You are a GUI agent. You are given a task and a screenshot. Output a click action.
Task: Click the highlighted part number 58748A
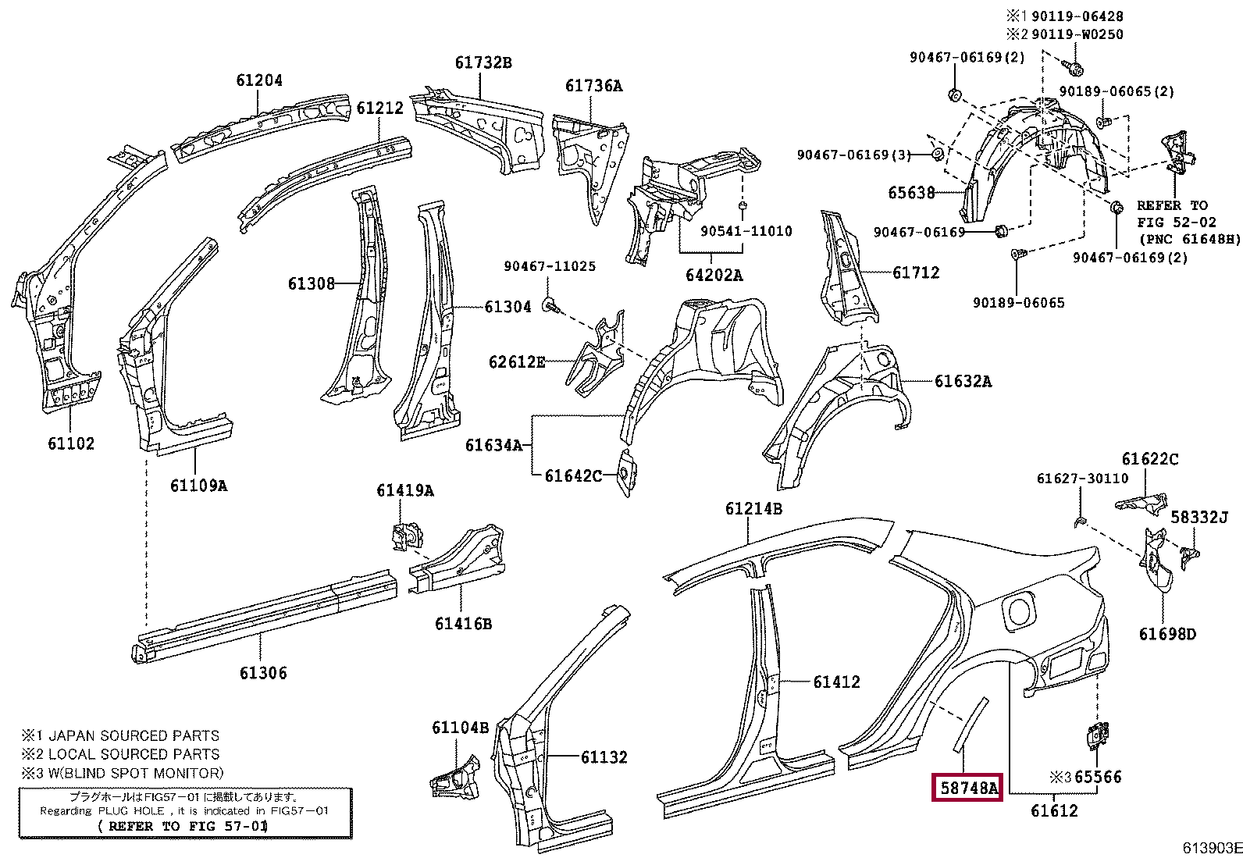point(968,787)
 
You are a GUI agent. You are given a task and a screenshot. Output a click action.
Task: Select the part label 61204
point(259,80)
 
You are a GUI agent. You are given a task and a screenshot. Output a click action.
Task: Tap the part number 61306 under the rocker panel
point(263,673)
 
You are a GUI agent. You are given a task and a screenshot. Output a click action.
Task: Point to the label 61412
point(836,682)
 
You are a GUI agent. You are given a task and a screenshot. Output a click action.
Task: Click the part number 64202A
point(714,275)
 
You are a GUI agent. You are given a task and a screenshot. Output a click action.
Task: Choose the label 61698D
point(1166,634)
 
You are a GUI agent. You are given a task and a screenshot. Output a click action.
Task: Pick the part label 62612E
point(517,361)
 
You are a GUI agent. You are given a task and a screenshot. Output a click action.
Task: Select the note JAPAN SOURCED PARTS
point(134,735)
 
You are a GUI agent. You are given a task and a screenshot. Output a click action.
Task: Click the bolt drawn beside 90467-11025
point(551,305)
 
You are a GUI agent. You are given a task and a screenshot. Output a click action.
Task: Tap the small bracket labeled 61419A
point(405,536)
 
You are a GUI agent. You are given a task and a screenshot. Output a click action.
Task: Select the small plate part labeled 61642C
point(627,472)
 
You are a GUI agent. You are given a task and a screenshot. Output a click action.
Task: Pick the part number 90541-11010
point(746,231)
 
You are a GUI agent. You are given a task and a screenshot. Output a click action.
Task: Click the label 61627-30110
point(1082,479)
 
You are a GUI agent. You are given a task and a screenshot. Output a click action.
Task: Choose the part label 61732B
point(483,62)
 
